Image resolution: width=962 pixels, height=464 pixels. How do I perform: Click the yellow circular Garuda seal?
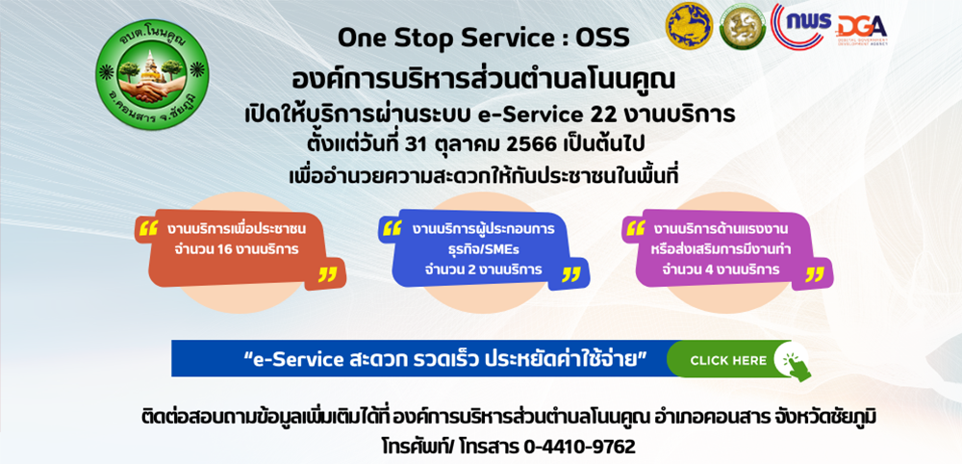point(690,26)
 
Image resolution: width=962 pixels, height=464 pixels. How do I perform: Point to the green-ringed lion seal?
point(743,26)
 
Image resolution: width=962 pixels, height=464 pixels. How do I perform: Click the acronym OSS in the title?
point(602,39)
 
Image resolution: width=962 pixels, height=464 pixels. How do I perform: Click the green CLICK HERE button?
point(727,360)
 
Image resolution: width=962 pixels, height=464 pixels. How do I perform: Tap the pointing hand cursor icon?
point(794,363)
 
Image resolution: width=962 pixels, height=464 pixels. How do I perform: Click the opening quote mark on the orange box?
point(148,229)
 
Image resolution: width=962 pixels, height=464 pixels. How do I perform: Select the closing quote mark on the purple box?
point(814,274)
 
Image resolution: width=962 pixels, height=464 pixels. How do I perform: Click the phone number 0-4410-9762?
point(579,446)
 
